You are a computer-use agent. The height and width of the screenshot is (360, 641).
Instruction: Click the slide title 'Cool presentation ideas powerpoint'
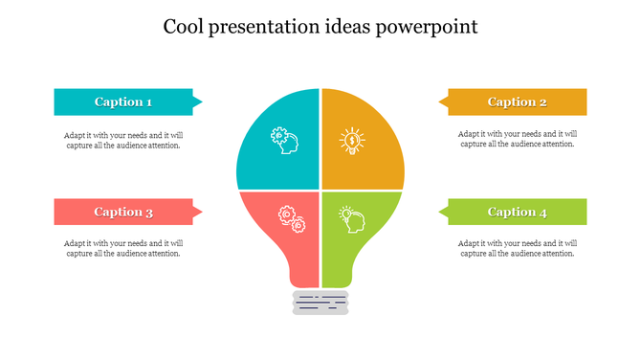[320, 27]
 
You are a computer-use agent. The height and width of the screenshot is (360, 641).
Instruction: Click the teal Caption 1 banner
[123, 101]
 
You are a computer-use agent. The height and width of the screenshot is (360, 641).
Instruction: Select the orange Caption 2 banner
[518, 101]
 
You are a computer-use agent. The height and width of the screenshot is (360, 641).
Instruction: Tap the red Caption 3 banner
[123, 212]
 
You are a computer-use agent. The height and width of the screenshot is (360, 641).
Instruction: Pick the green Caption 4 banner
[518, 212]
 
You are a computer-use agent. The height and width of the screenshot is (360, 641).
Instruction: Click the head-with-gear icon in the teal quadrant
[284, 140]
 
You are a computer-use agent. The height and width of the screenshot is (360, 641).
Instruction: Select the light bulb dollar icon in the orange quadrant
[352, 142]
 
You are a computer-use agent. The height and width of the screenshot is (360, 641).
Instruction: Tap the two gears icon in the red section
[291, 219]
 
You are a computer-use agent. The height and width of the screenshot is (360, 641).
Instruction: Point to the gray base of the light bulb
[320, 303]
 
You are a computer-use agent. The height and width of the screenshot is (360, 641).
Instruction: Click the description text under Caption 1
[123, 140]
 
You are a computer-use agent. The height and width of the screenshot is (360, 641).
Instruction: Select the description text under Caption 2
[518, 140]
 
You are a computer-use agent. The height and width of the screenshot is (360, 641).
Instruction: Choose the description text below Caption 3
[123, 249]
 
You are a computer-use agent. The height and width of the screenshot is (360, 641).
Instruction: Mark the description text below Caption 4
[518, 249]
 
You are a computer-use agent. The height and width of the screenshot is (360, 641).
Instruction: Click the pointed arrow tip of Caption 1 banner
[198, 101]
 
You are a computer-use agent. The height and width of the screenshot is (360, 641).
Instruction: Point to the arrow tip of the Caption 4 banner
[443, 212]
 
